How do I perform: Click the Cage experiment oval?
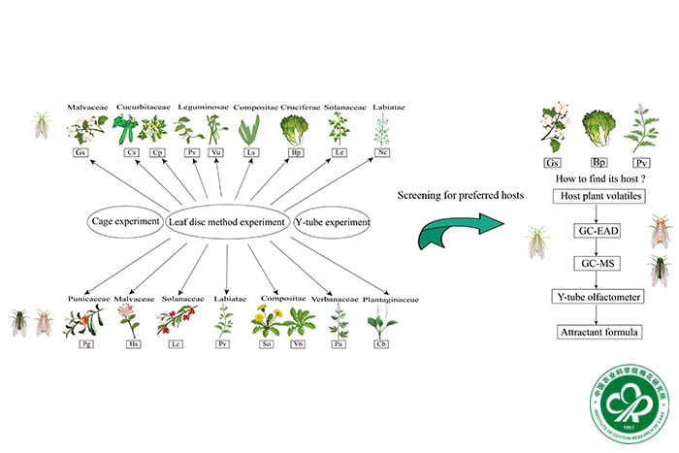(125, 221)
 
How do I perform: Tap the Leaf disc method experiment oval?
(228, 221)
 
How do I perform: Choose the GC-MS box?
(598, 264)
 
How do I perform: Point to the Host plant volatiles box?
(598, 197)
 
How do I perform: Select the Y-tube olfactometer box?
(598, 297)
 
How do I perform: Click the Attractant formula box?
(598, 333)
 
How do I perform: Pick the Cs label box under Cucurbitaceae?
(130, 152)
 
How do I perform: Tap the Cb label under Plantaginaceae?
(382, 343)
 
